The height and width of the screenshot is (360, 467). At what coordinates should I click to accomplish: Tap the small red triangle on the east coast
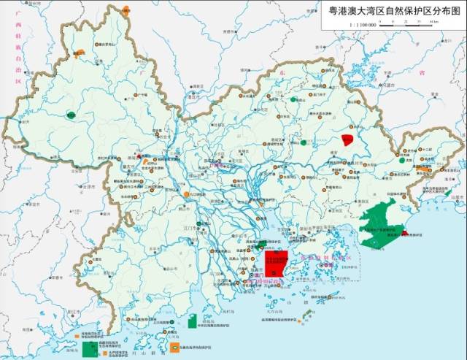click(404, 233)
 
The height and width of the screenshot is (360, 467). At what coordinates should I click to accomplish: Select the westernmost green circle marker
click(72, 115)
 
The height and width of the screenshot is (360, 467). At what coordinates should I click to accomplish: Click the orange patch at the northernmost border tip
click(127, 10)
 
